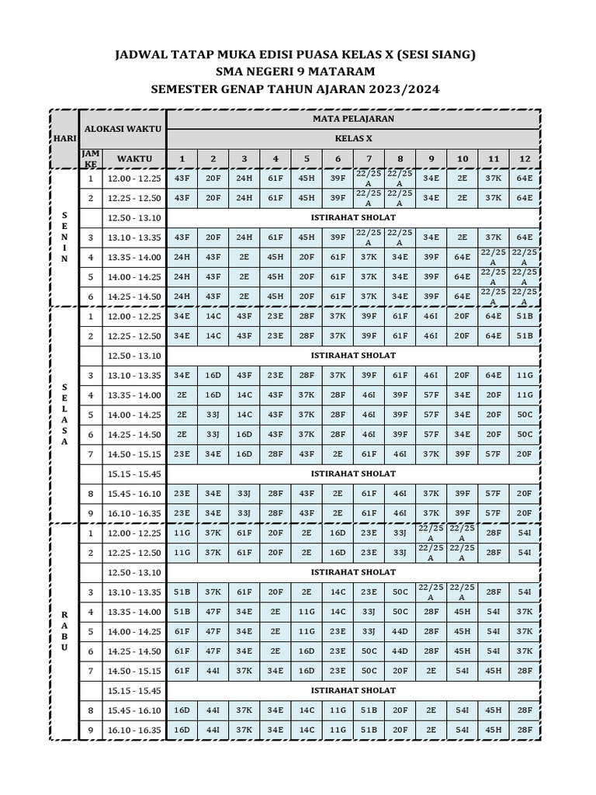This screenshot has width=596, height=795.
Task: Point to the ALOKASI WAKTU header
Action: (123, 127)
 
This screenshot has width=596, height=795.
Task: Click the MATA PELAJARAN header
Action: (353, 119)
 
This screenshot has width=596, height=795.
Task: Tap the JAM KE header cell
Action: (90, 158)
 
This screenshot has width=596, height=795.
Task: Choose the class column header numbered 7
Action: (369, 158)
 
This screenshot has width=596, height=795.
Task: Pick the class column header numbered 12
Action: (525, 158)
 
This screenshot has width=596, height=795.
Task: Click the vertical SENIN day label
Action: (64, 237)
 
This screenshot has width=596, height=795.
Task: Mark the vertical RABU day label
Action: (64, 631)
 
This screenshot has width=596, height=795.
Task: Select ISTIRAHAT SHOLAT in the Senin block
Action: (353, 217)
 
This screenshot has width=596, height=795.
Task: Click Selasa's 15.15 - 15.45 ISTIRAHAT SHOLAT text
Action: (353, 474)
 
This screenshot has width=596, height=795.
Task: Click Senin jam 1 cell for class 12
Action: (525, 178)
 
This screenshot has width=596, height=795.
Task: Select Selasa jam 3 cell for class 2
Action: (213, 375)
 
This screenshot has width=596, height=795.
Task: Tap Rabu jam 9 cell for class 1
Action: (182, 730)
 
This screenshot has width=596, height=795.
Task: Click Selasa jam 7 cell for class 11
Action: (494, 453)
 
